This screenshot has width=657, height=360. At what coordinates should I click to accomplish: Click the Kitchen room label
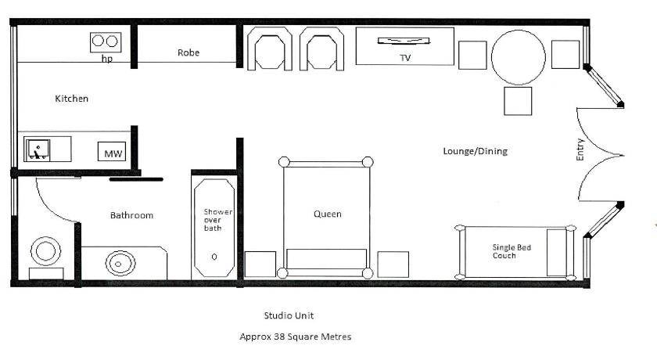pos(72,99)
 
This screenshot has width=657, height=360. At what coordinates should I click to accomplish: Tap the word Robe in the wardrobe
pos(188,52)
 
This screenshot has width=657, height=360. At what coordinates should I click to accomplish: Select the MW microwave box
pos(113,151)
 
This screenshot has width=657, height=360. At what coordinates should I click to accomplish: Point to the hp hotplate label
pos(107,59)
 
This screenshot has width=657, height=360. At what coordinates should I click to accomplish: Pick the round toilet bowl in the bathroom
pos(45,251)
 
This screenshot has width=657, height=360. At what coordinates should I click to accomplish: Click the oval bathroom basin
pos(120,264)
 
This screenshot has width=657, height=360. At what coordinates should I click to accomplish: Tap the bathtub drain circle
pos(214,257)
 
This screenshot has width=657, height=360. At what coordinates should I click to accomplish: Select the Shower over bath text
pos(218,220)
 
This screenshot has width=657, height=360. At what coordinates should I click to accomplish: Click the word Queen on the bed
pos(327,214)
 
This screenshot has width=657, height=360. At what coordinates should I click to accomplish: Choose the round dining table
pos(519,57)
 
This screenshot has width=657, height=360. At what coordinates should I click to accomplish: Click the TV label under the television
pos(405,58)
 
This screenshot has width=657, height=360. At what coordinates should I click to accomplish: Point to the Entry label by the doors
pos(580,149)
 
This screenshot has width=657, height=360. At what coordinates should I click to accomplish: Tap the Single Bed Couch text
pos(512,251)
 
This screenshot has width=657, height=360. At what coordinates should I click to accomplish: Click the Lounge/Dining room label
pos(476,151)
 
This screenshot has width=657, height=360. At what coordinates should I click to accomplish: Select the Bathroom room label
pos(131,215)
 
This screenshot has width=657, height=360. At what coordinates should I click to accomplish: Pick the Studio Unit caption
pos(289,315)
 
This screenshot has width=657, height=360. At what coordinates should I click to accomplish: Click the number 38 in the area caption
pos(279,337)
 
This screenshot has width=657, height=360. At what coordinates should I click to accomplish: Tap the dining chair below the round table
pos(518,101)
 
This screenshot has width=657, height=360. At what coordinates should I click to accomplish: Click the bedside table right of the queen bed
pos(393,265)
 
